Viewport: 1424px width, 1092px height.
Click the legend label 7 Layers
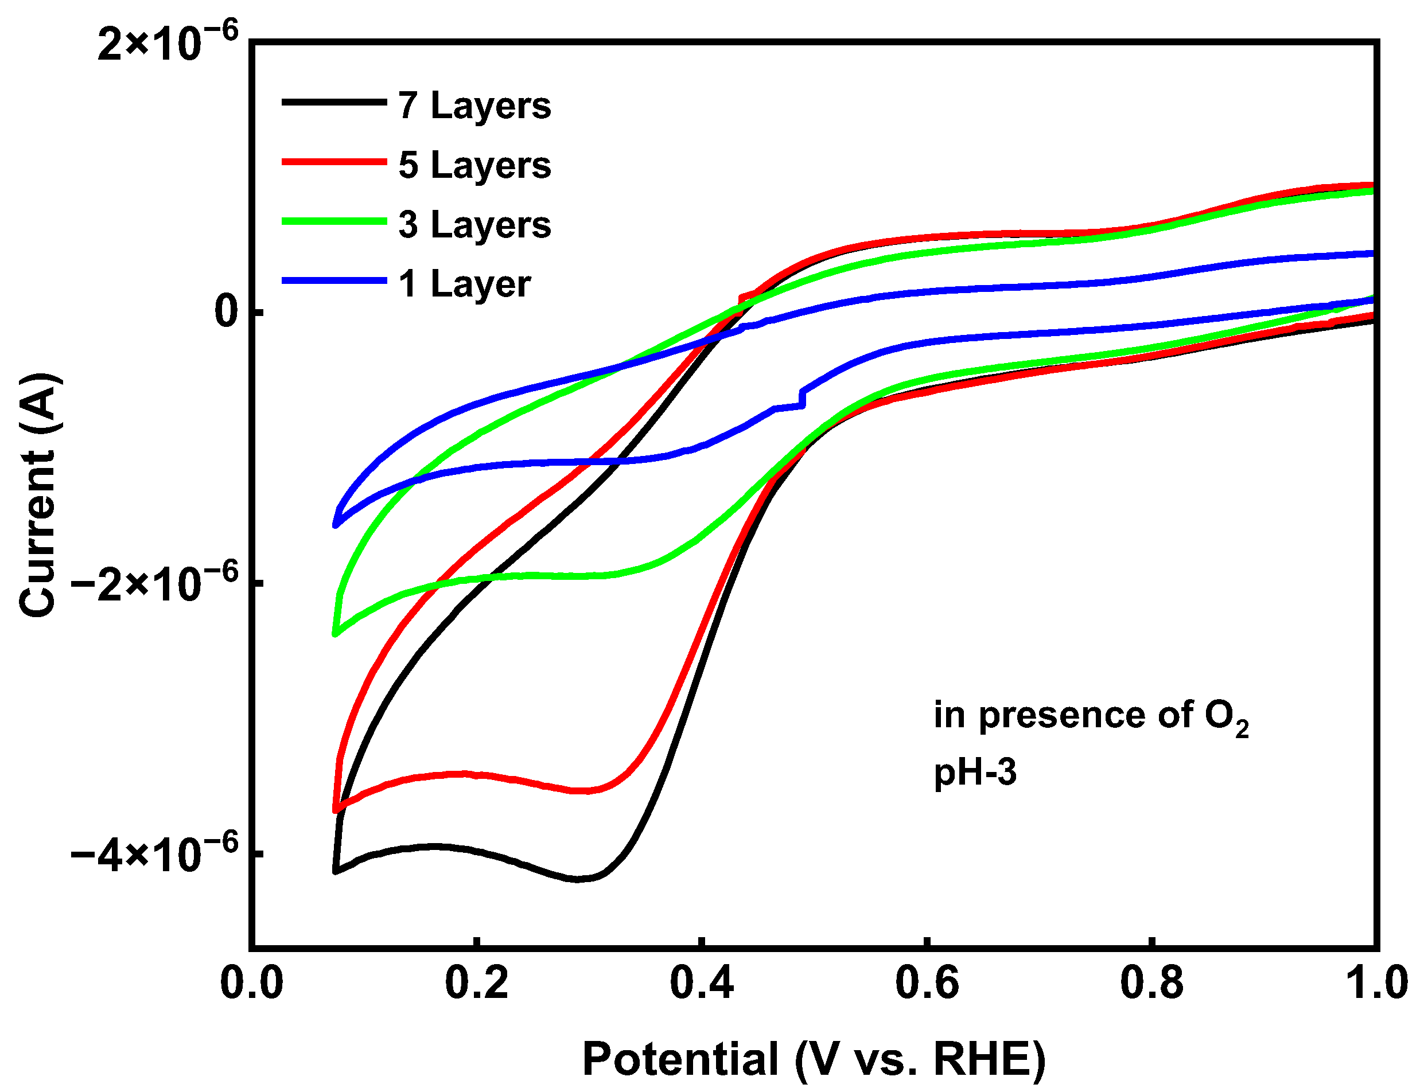point(474,106)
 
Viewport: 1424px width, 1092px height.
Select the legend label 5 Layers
point(474,165)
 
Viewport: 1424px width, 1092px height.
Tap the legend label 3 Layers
point(474,225)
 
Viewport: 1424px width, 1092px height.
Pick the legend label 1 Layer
point(464,284)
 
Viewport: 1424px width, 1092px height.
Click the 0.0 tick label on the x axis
point(252,983)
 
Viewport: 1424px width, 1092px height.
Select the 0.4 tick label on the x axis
point(702,983)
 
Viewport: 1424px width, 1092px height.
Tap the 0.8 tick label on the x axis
point(1151,983)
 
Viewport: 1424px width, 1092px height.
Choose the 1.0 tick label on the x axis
point(1376,983)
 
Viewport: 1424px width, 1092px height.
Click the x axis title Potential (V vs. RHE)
point(814,1059)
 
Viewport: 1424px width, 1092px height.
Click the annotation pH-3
point(975,774)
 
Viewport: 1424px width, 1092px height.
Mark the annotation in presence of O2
point(1091,716)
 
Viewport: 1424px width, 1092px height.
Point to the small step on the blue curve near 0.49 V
point(803,399)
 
